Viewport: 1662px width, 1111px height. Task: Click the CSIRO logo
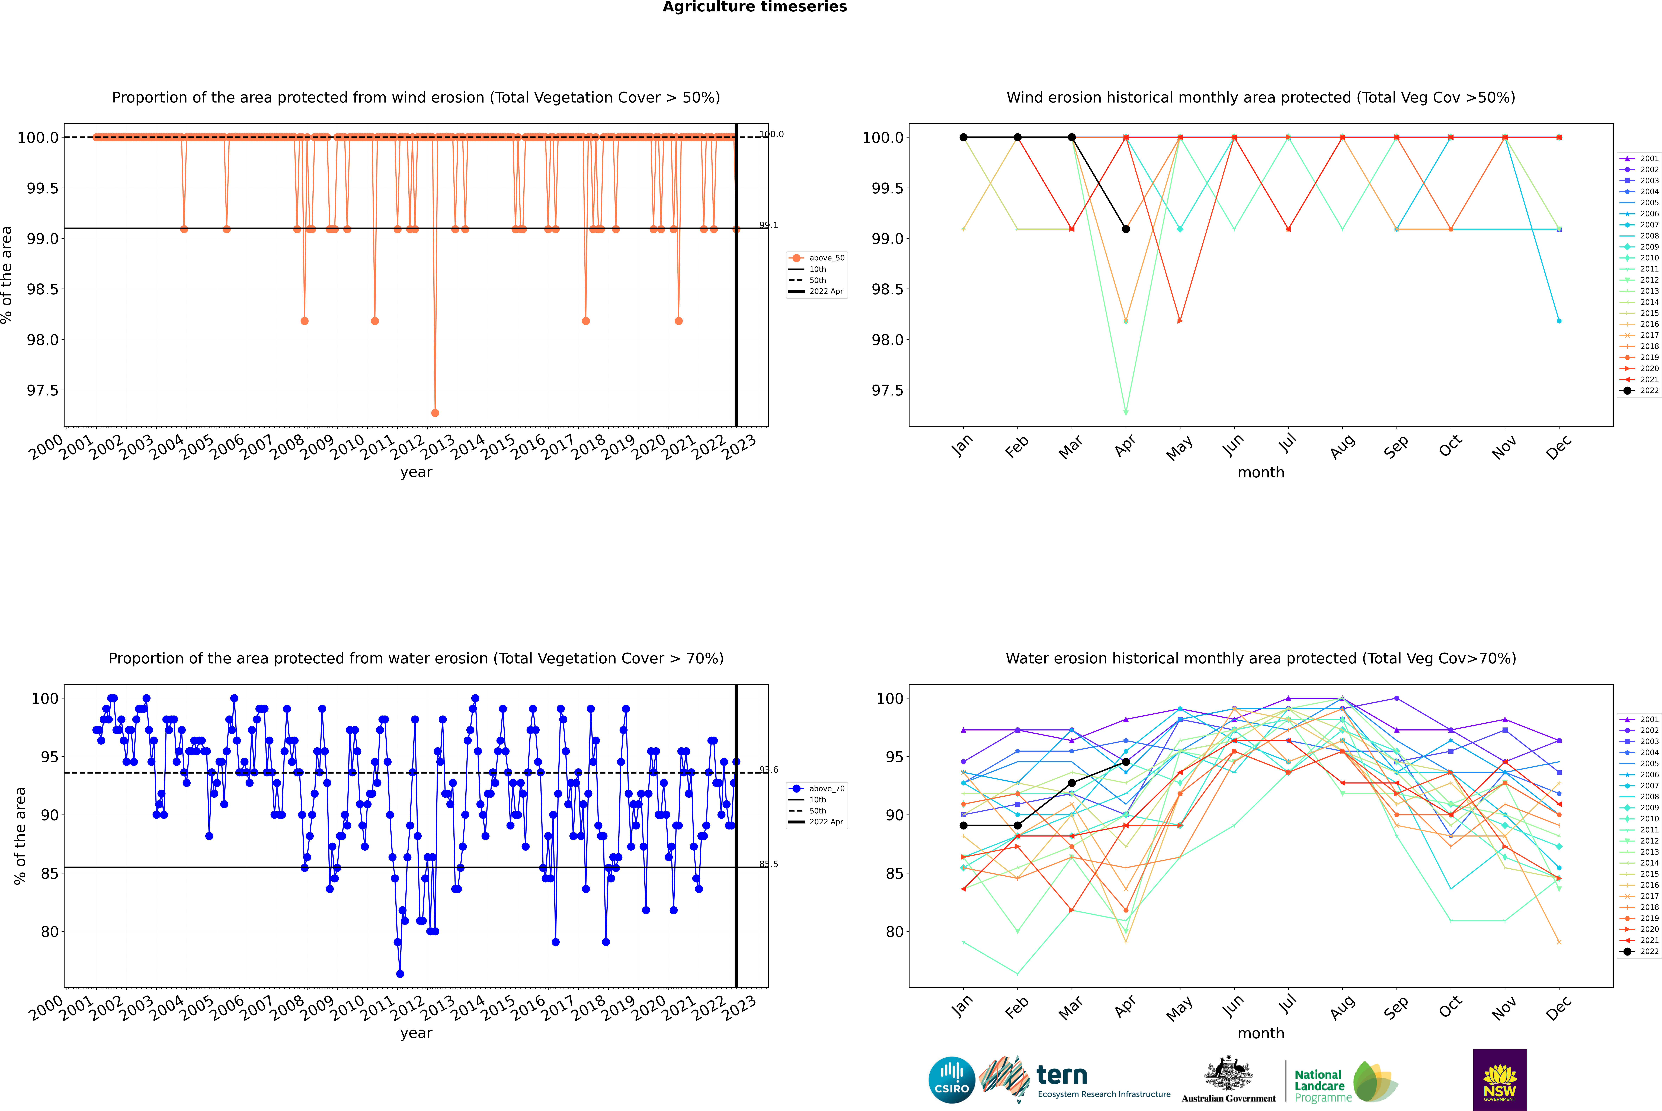tap(952, 1080)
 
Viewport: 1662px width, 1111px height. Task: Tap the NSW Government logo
tap(1500, 1080)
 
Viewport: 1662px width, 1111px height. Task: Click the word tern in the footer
tap(1061, 1075)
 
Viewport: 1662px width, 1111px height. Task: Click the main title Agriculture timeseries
tap(754, 7)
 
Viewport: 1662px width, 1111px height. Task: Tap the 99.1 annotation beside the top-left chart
tap(768, 225)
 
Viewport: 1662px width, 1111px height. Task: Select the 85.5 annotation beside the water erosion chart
tap(768, 864)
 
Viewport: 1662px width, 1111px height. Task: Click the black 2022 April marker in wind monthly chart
tap(1126, 229)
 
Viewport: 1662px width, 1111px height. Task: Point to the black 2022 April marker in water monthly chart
tap(1126, 762)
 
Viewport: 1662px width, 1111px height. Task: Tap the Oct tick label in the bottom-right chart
tap(1450, 1007)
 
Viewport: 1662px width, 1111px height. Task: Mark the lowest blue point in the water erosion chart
tap(400, 973)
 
